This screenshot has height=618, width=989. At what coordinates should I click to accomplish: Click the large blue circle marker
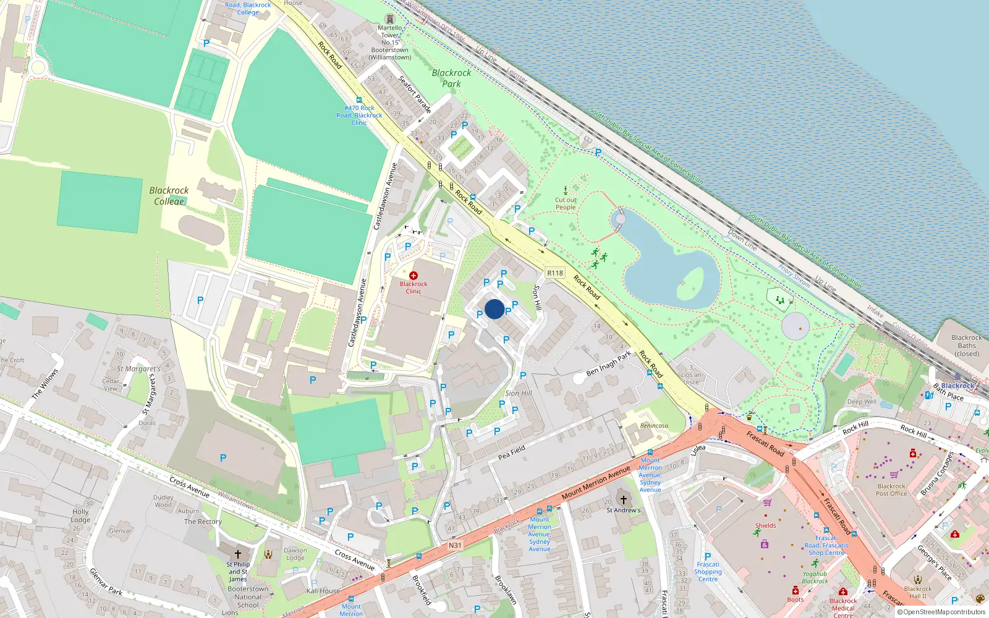pyautogui.click(x=494, y=309)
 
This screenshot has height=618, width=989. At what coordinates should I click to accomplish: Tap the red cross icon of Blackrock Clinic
pyautogui.click(x=414, y=276)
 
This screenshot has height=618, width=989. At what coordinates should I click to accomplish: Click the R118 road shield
pyautogui.click(x=555, y=273)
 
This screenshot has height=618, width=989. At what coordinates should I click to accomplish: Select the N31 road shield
pyautogui.click(x=455, y=545)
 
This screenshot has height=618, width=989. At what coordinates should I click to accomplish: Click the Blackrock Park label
pyautogui.click(x=451, y=78)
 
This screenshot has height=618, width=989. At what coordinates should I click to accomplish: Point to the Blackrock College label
pyautogui.click(x=169, y=195)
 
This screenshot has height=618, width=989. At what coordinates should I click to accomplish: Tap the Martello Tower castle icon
pyautogui.click(x=389, y=19)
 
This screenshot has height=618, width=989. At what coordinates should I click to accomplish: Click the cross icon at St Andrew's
pyautogui.click(x=624, y=499)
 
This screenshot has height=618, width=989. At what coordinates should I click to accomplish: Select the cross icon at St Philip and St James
pyautogui.click(x=238, y=554)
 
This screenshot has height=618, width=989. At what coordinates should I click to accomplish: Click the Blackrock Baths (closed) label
pyautogui.click(x=967, y=345)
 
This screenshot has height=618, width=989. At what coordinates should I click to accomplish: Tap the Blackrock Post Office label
pyautogui.click(x=891, y=489)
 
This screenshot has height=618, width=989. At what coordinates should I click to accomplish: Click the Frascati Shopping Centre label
pyautogui.click(x=708, y=572)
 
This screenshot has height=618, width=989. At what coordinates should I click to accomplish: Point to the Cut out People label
pyautogui.click(x=566, y=203)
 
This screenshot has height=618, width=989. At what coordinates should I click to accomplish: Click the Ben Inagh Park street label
pyautogui.click(x=609, y=363)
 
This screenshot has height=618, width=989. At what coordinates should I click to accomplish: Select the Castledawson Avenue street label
pyautogui.click(x=384, y=197)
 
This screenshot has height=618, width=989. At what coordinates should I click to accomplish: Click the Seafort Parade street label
pyautogui.click(x=415, y=94)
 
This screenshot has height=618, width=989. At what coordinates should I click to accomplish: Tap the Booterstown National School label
pyautogui.click(x=248, y=597)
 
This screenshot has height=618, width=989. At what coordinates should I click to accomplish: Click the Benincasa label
pyautogui.click(x=654, y=426)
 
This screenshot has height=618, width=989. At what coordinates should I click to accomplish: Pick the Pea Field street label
pyautogui.click(x=512, y=452)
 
